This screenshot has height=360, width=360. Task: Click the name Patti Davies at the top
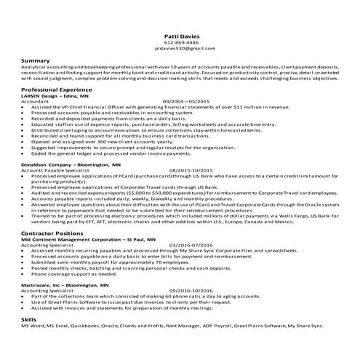180,35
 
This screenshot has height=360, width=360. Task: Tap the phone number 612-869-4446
180,41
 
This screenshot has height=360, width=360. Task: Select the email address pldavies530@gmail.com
180,48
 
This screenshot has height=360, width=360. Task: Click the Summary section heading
36,60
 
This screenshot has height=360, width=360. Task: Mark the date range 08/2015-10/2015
191,171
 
